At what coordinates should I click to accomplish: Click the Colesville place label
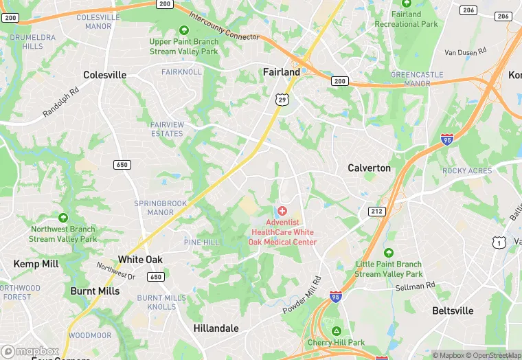(104, 75)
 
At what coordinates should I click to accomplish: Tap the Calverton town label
(369, 168)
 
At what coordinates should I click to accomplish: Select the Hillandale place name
(216, 328)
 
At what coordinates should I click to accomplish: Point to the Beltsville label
(453, 311)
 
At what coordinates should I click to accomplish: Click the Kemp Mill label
(35, 264)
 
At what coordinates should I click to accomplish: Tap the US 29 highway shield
(282, 100)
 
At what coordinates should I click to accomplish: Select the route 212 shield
(376, 211)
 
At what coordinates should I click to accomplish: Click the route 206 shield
(468, 10)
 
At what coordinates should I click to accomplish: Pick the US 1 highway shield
(499, 242)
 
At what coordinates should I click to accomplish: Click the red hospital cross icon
(282, 210)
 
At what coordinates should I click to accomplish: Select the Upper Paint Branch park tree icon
(183, 30)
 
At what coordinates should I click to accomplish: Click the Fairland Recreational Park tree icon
(406, 3)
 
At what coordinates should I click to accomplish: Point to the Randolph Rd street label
(61, 102)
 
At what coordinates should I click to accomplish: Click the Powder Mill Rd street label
(302, 296)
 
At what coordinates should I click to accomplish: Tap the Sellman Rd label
(415, 286)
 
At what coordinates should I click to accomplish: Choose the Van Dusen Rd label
(465, 52)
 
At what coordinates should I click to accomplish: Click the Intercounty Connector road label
(224, 26)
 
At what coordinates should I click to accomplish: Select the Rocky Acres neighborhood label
(467, 171)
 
